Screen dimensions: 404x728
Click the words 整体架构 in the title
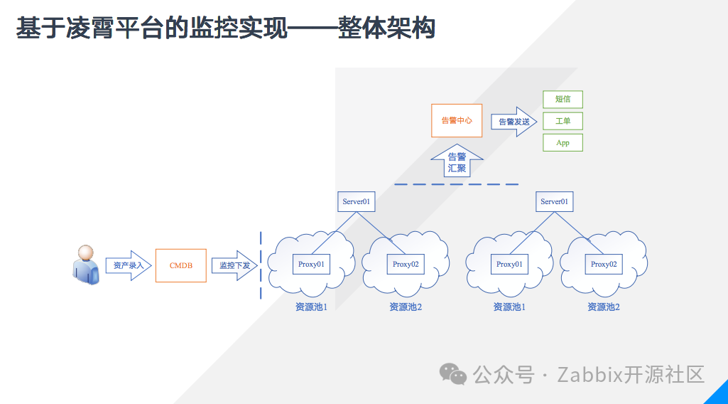[x=387, y=28]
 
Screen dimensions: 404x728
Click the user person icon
[x=86, y=265]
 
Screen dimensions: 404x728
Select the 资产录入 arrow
[x=129, y=265]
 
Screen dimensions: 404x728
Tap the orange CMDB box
[x=181, y=265]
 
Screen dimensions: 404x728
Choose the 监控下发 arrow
[x=234, y=265]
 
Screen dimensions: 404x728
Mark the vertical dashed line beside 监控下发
[x=261, y=265]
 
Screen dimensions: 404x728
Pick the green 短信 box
[x=563, y=100]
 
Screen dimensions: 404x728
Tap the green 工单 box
[x=563, y=121]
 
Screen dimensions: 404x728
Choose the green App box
[x=563, y=142]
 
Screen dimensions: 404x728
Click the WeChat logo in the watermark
[x=452, y=374]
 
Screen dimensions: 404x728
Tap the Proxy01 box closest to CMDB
[x=311, y=264]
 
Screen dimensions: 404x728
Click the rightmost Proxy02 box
[x=604, y=264]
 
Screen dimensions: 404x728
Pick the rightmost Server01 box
[x=554, y=201]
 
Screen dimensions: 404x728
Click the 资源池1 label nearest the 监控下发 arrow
[x=311, y=307]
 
